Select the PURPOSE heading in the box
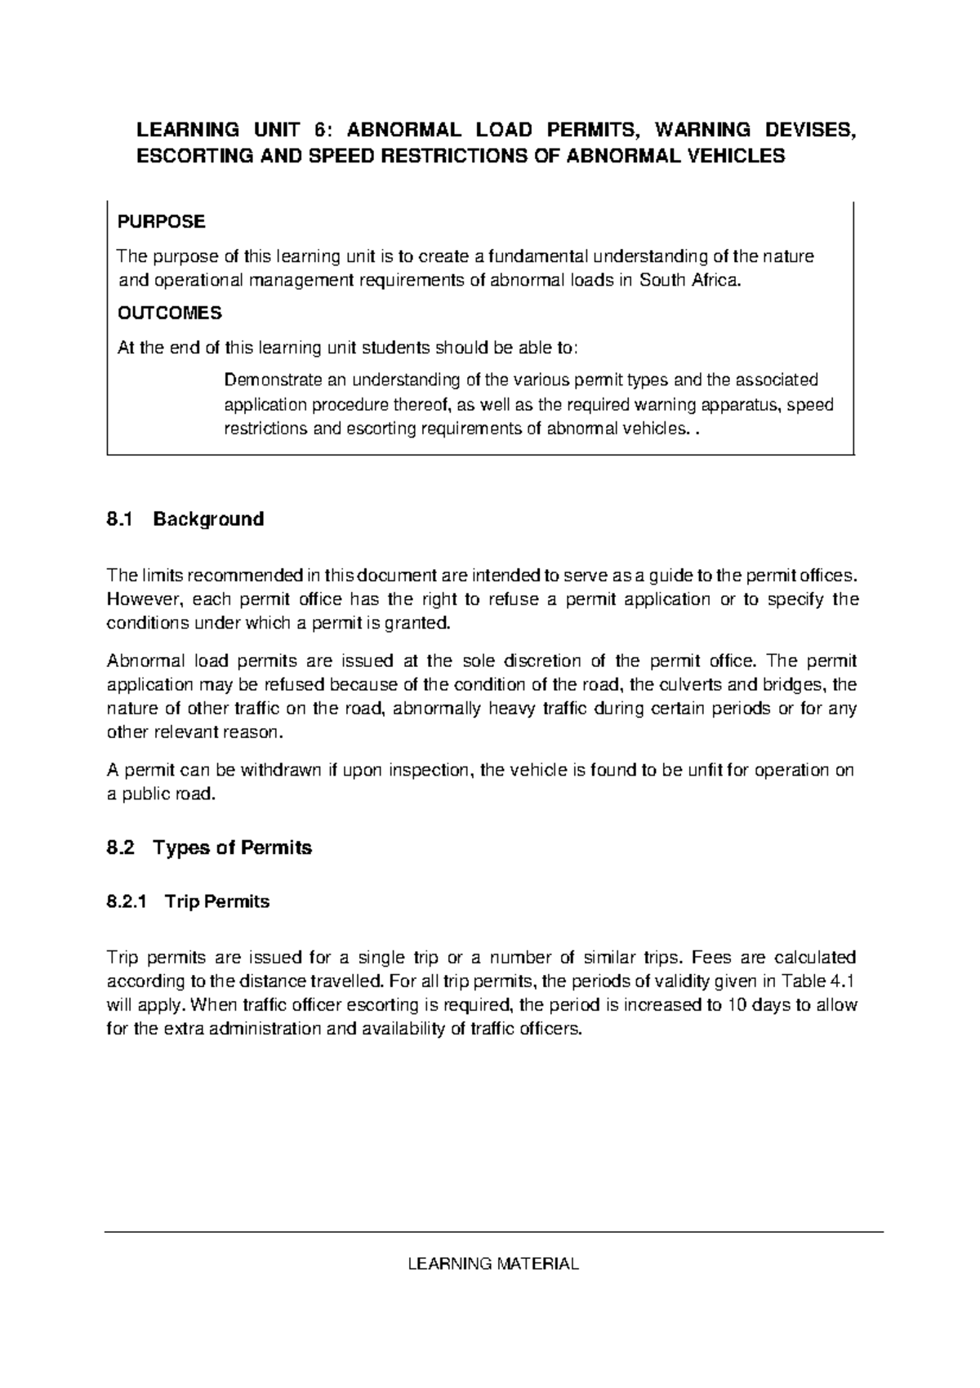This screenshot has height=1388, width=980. click(x=162, y=221)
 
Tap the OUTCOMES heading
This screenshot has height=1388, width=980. click(x=170, y=313)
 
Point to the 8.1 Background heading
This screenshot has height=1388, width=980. click(x=185, y=519)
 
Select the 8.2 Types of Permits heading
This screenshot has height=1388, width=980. click(x=210, y=847)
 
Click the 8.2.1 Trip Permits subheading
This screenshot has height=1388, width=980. click(x=189, y=901)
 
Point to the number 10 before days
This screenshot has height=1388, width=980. click(x=737, y=1005)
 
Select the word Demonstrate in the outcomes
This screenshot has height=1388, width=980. click(x=272, y=380)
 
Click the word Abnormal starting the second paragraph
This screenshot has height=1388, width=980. click(x=138, y=661)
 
